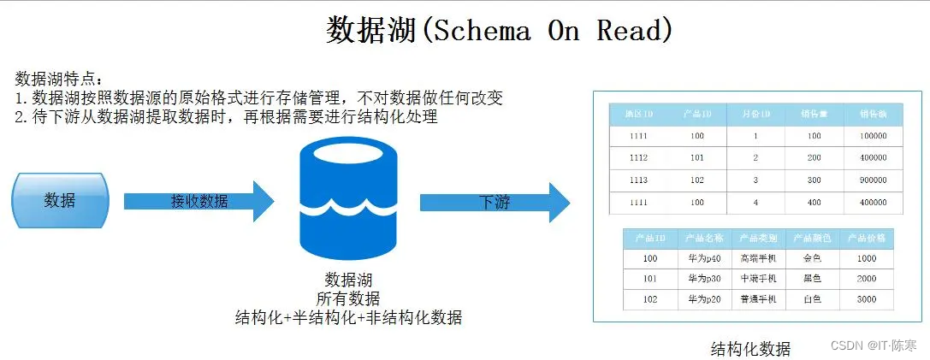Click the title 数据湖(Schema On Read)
pos(499,31)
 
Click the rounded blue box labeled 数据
pos(59,200)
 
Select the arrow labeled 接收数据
pos(198,202)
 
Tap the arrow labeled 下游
pos(494,203)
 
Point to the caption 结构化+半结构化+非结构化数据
pos(348,317)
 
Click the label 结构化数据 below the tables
pos(750,349)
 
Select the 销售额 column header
pos(873,114)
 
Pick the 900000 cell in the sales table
pos(873,180)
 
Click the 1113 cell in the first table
pos(638,180)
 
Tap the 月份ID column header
pos(755,114)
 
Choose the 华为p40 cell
pos(704,258)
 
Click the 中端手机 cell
pos(758,279)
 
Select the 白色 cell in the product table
pos(812,299)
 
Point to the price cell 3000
pos(866,299)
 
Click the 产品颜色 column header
pos(812,238)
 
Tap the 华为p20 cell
pos(704,299)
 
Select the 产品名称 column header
pos(704,238)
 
